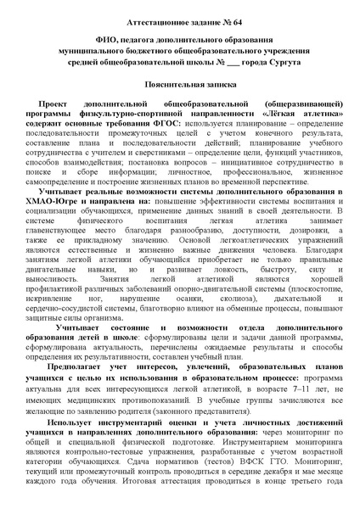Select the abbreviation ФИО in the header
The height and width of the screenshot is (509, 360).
tap(88, 39)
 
